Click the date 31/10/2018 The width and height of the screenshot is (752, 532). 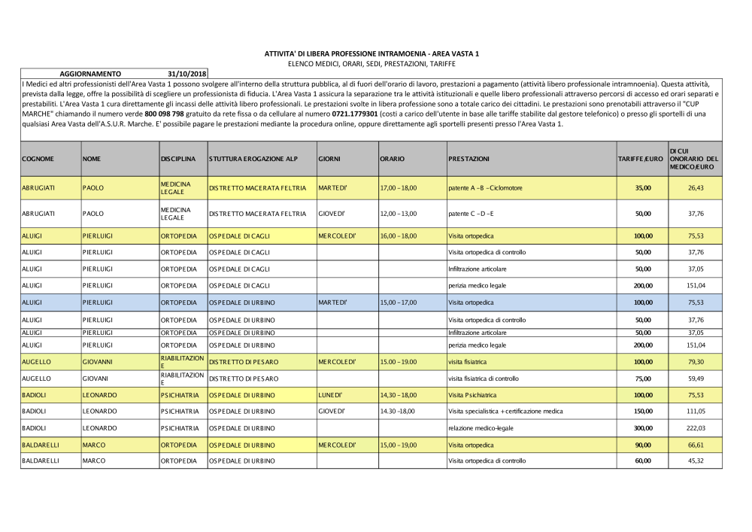[x=187, y=74]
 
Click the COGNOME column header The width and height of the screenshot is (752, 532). [x=38, y=160]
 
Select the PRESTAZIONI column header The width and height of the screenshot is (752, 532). [x=468, y=160]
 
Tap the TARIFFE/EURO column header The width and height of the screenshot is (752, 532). [x=640, y=160]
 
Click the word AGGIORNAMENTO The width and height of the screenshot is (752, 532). [x=90, y=74]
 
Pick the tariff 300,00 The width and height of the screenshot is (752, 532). [x=643, y=428]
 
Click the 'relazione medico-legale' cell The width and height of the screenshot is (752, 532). [x=481, y=428]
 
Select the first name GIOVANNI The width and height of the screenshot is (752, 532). [x=98, y=362]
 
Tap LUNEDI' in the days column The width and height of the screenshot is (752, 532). [x=331, y=395]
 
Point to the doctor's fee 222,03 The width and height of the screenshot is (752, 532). [x=695, y=428]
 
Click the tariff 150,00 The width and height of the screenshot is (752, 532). [x=643, y=412]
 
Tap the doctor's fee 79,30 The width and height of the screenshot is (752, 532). [x=695, y=362]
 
